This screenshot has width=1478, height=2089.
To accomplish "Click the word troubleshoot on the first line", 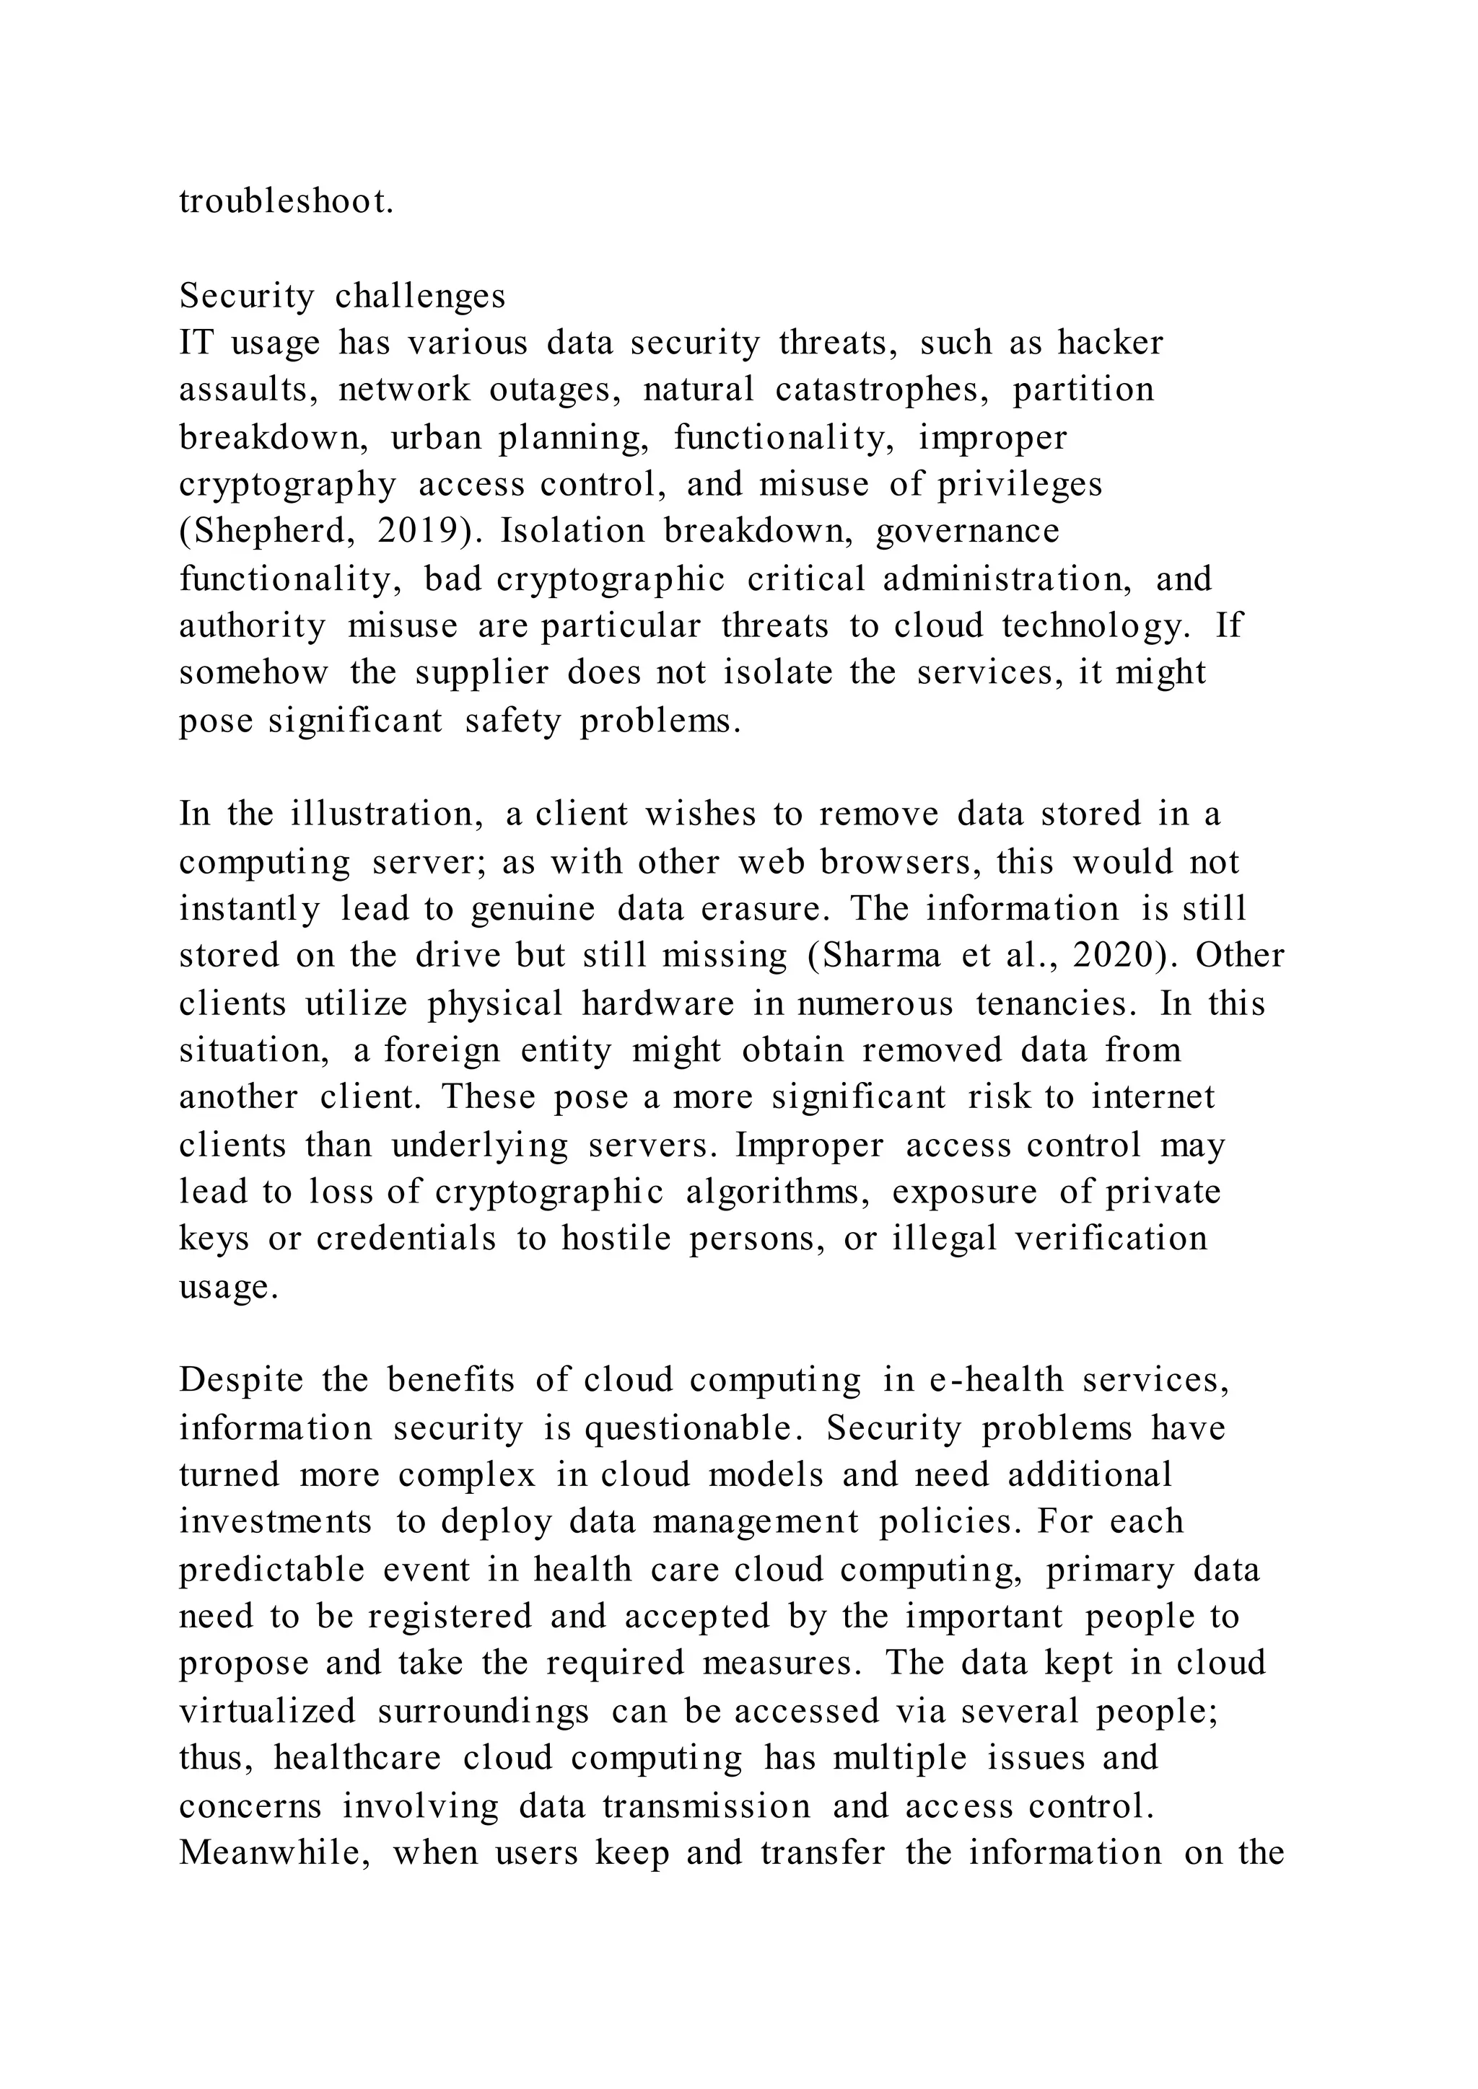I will (x=287, y=202).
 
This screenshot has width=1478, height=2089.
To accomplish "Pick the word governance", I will (x=968, y=532).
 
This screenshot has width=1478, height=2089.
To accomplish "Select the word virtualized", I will (x=268, y=1712).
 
